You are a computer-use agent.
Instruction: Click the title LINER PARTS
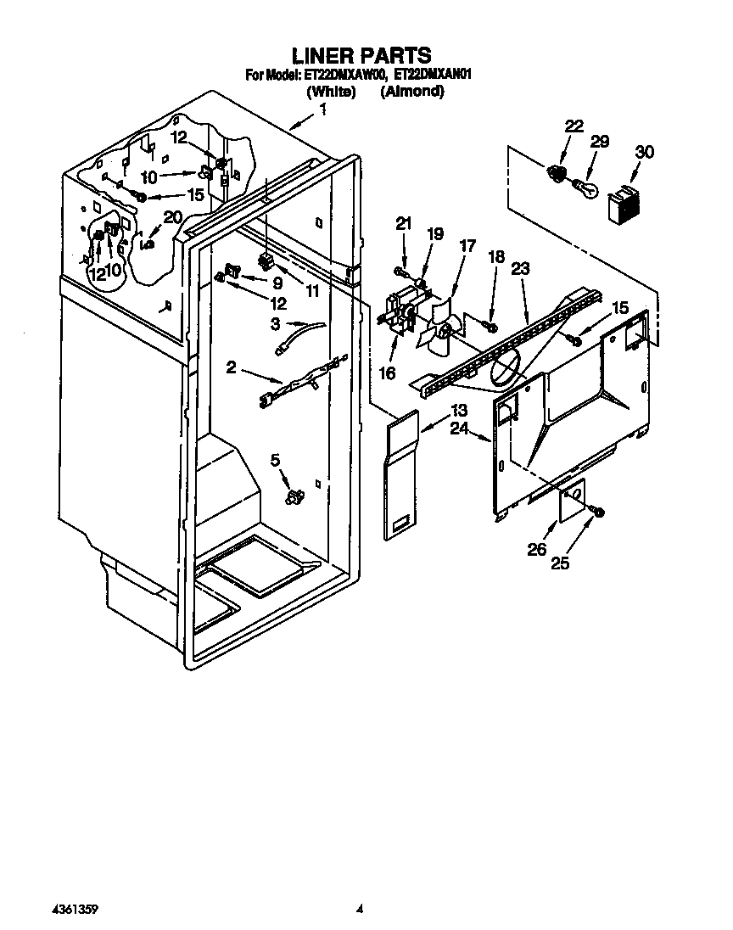point(361,56)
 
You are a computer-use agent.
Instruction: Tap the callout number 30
point(645,153)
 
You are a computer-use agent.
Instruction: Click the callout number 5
point(274,460)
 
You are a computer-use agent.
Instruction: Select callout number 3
point(275,323)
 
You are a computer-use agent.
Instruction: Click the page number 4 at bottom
point(360,909)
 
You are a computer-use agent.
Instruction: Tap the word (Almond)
point(412,92)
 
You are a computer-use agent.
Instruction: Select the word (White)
point(330,92)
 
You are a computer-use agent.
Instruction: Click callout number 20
point(172,217)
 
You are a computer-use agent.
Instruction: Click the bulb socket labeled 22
point(557,173)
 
